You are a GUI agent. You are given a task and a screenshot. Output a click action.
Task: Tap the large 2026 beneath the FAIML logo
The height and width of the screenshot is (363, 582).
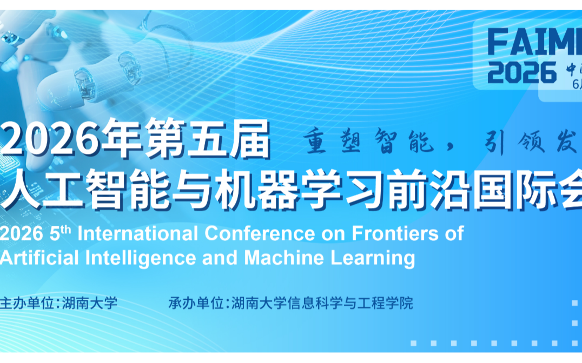(522, 72)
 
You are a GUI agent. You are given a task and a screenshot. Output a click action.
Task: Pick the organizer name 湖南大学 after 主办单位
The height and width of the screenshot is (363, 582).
(90, 303)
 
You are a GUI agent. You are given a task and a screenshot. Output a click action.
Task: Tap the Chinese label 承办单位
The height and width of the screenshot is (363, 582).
(195, 303)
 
